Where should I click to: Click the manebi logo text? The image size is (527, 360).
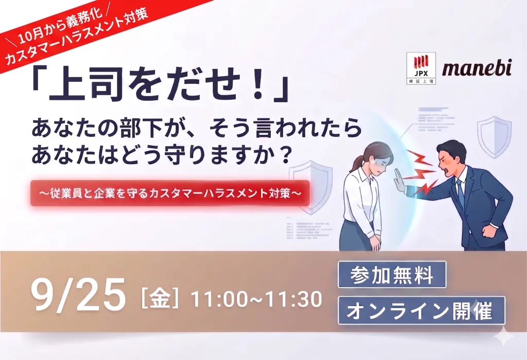pos(477,68)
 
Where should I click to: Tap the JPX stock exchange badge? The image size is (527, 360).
pos(421,68)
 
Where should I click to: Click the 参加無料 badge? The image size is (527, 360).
pos(392,275)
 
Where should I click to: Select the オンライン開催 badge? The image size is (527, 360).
pos(421,311)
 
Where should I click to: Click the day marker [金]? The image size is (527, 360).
pos(160,298)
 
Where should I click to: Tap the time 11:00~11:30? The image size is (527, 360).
pos(256,299)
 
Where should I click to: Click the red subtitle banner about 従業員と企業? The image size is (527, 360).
pos(170,193)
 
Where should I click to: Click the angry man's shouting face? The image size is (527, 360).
pos(450,159)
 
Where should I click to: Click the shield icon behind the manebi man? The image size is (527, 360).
pos(495,136)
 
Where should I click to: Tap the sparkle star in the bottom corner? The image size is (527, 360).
pos(504,337)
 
